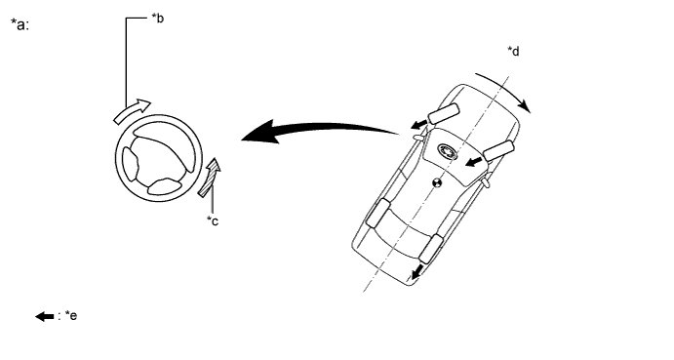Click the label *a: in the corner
(20, 25)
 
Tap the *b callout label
(157, 18)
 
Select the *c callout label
(212, 221)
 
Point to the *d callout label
(513, 51)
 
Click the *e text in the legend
(70, 316)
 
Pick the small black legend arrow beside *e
(45, 316)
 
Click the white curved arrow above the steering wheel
(133, 110)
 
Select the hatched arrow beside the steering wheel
(213, 176)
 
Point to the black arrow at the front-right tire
(474, 161)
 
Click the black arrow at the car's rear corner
(419, 271)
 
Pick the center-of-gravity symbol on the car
(437, 182)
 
